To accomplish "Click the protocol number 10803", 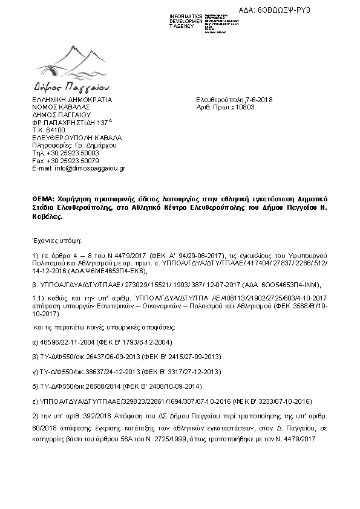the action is click(x=246, y=107).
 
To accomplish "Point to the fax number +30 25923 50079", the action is click(x=73, y=161).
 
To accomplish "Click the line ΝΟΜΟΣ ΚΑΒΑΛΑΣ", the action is click(x=59, y=107).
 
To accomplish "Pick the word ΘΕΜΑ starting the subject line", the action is click(x=43, y=198).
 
